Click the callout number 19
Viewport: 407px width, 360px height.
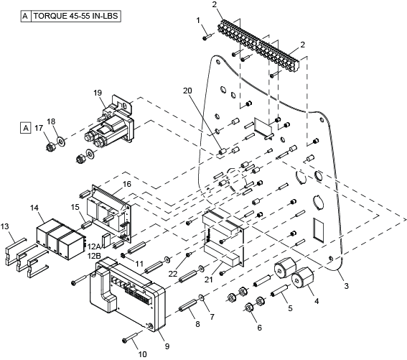point(98,93)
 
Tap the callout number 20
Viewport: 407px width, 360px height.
point(187,91)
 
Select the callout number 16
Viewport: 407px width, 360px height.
point(127,184)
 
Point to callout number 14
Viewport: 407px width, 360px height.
point(34,208)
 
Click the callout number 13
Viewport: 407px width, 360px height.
point(5,226)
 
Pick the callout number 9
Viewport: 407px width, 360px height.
point(167,346)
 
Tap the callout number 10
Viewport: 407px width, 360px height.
point(143,354)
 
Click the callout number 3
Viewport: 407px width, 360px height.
point(346,286)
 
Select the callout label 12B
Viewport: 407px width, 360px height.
point(94,256)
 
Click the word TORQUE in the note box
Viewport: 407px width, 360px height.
point(50,16)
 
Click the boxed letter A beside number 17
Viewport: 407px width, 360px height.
point(25,128)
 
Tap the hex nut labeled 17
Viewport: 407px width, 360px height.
point(50,147)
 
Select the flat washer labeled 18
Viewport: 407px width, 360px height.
point(62,142)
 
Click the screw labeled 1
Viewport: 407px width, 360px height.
point(207,37)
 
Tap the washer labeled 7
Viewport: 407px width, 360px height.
point(202,297)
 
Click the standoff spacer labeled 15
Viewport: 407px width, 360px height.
point(85,224)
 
